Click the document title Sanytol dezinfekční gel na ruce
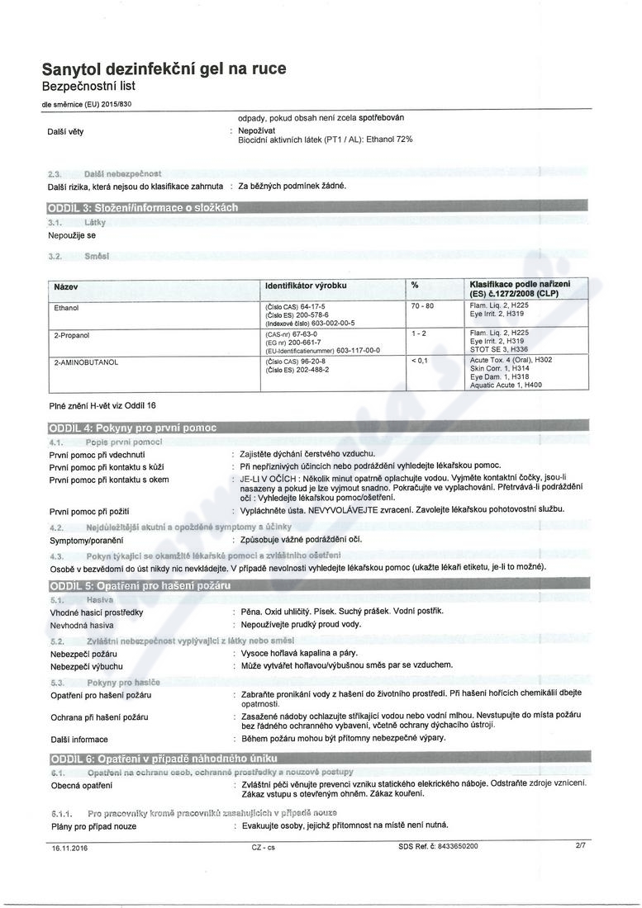click(164, 70)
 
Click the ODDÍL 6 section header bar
click(163, 759)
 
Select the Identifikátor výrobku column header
click(306, 286)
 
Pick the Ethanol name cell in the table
click(66, 307)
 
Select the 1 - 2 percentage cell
click(418, 333)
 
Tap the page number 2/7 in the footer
click(581, 846)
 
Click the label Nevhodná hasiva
click(81, 624)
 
